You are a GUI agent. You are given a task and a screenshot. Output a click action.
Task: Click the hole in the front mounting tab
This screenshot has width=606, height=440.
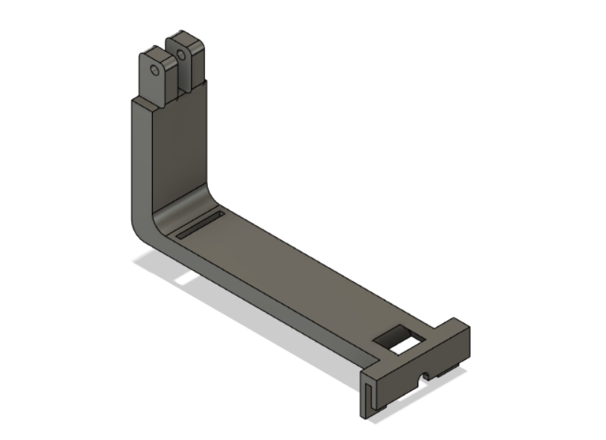154,70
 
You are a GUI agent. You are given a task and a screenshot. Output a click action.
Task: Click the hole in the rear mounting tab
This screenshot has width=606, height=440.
180,54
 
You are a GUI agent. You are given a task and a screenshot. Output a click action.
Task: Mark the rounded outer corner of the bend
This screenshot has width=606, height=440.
139,228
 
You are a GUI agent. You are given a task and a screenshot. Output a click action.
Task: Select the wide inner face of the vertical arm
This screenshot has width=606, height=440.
179,149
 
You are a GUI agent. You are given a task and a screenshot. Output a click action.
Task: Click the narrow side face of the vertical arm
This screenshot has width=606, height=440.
141,164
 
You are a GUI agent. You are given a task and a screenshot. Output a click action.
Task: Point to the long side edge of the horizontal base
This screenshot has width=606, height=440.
261,302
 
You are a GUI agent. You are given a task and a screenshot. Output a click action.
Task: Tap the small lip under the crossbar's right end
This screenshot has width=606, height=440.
450,368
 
